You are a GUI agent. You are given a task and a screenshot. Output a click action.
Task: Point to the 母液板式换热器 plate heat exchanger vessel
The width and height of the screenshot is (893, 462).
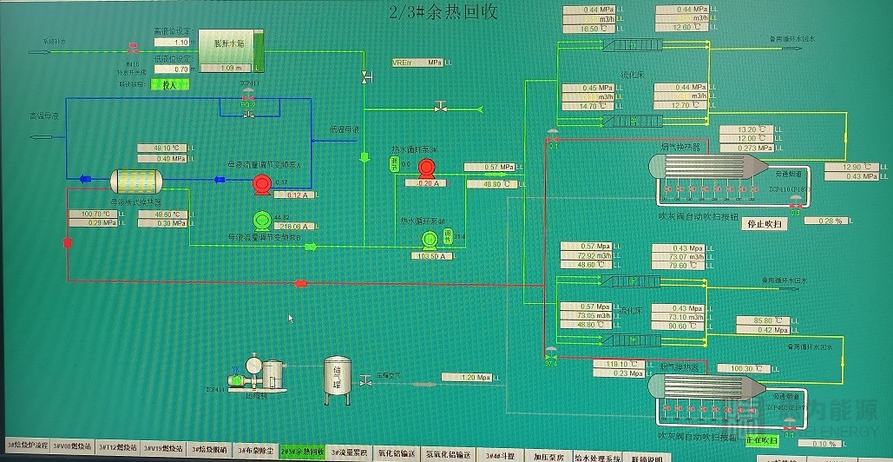pos(137,180)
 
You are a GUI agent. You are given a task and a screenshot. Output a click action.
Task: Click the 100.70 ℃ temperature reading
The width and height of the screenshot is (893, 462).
pos(95,214)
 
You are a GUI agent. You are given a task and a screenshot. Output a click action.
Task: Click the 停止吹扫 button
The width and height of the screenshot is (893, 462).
pos(766,223)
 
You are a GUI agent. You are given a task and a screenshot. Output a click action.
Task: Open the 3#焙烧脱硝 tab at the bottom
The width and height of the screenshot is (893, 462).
pos(209,450)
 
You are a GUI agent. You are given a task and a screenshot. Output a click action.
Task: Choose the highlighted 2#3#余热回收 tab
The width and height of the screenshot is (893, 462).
pos(301,451)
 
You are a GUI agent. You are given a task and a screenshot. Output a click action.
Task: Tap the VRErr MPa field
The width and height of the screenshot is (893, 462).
pos(417,63)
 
